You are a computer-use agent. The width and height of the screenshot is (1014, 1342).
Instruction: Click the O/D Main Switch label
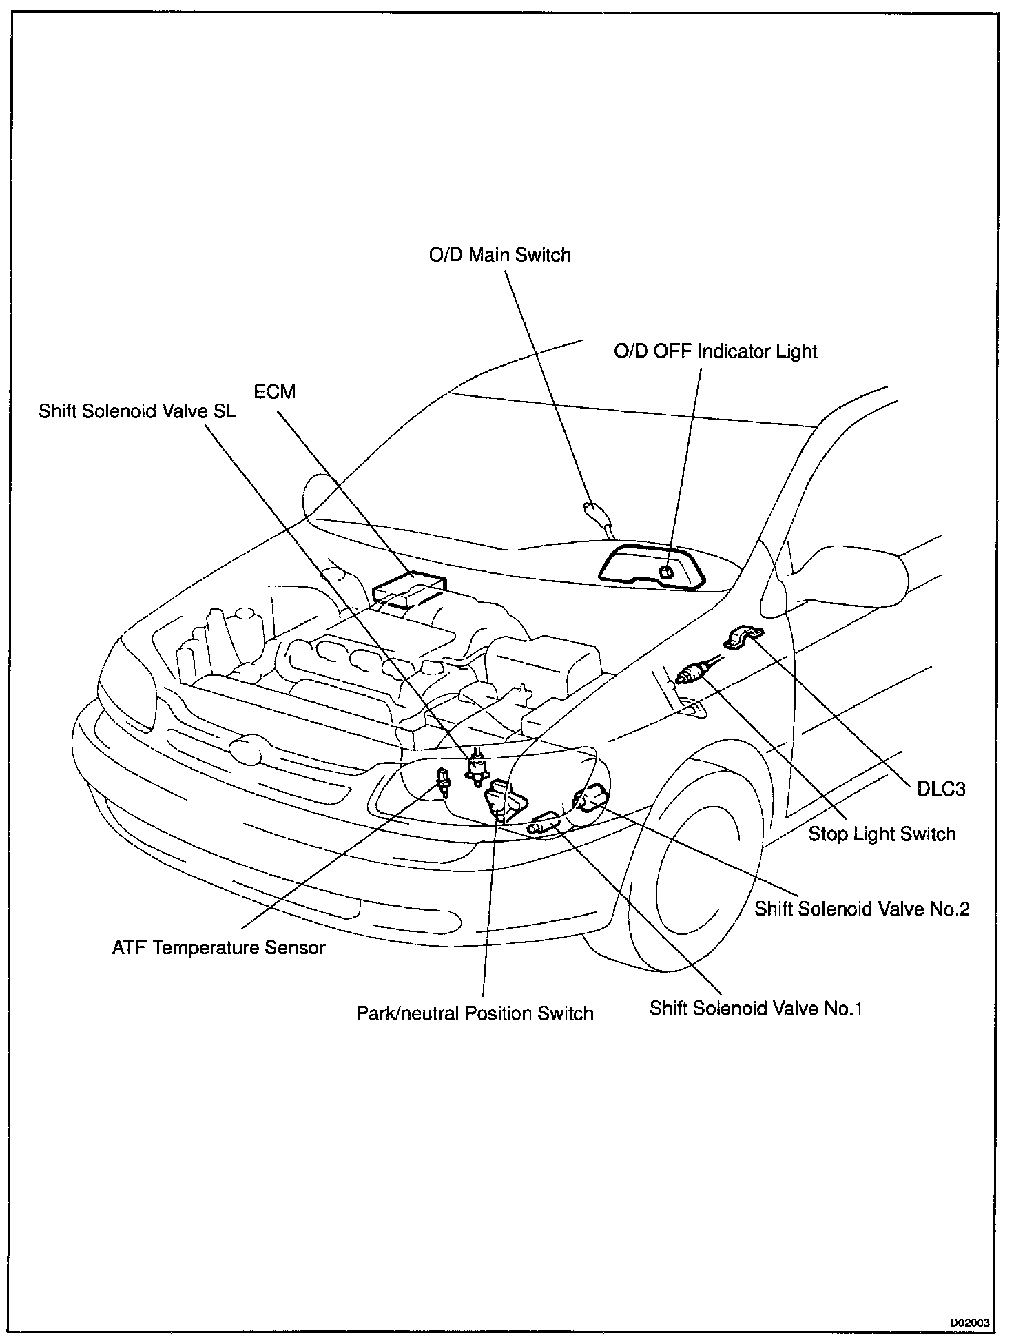pos(499,256)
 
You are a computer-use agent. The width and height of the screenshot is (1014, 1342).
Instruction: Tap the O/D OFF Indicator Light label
pos(715,351)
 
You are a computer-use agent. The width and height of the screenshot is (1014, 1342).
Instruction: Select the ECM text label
pos(274,392)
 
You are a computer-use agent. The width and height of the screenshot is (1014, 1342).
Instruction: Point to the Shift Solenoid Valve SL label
pos(137,411)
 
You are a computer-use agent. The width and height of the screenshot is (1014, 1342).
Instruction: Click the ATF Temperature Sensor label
pos(218,948)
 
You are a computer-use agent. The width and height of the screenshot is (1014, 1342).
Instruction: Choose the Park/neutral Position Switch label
pos(475,1013)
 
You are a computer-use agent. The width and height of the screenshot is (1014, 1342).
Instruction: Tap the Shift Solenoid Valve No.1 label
pos(756,1009)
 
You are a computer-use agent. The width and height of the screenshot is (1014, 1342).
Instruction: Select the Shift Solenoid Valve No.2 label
pos(862,909)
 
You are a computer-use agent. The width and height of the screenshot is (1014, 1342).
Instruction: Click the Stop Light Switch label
pos(882,834)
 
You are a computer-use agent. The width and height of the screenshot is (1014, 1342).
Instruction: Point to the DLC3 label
pos(941,789)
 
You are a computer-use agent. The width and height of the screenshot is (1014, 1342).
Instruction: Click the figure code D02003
pos(970,1323)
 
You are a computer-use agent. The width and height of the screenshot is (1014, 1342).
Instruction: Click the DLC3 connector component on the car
pos(743,637)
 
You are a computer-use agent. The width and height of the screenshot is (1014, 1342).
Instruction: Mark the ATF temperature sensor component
pos(443,781)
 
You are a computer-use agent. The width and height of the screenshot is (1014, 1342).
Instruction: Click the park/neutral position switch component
pos(506,801)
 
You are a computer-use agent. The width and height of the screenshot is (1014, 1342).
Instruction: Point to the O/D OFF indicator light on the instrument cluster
pos(666,571)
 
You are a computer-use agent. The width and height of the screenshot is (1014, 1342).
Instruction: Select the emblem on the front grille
pos(246,749)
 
